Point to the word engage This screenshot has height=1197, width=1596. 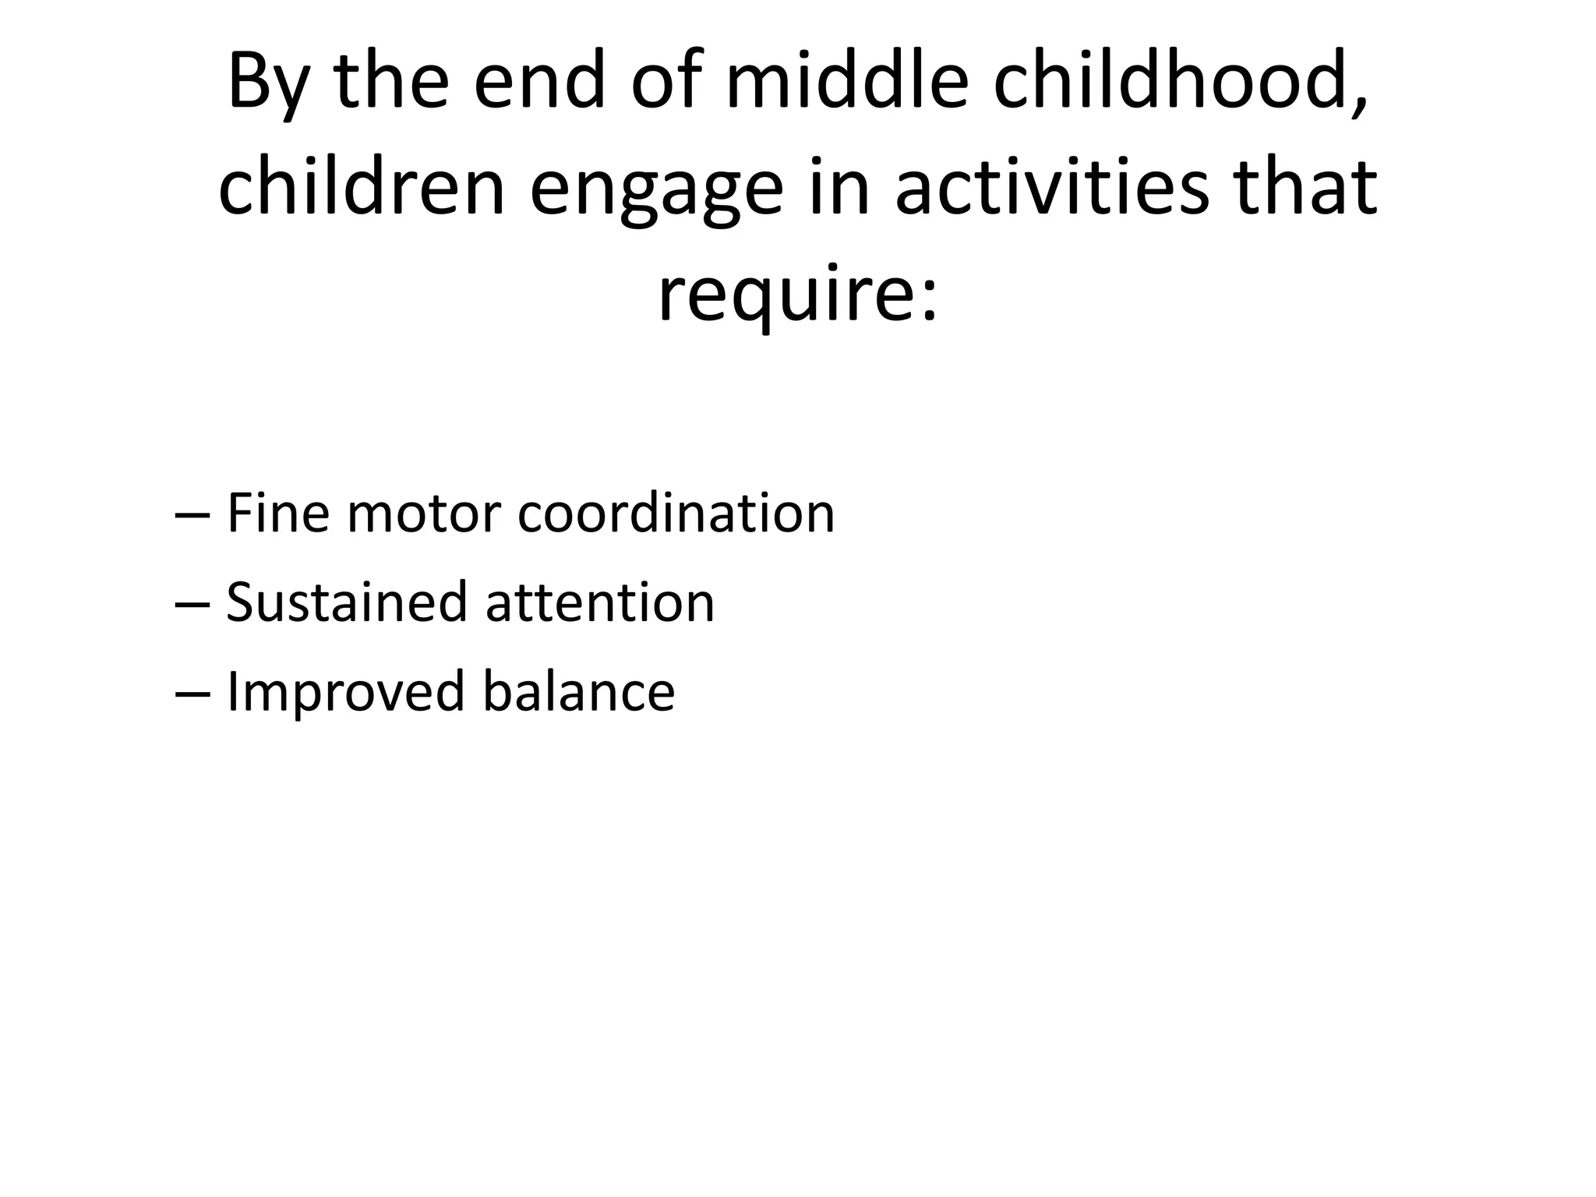click(656, 193)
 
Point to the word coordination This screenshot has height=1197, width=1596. click(676, 514)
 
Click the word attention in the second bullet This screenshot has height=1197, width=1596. click(599, 604)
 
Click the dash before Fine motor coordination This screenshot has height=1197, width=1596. click(192, 516)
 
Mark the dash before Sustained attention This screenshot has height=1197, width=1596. click(192, 605)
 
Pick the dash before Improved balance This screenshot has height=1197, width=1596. click(192, 694)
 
